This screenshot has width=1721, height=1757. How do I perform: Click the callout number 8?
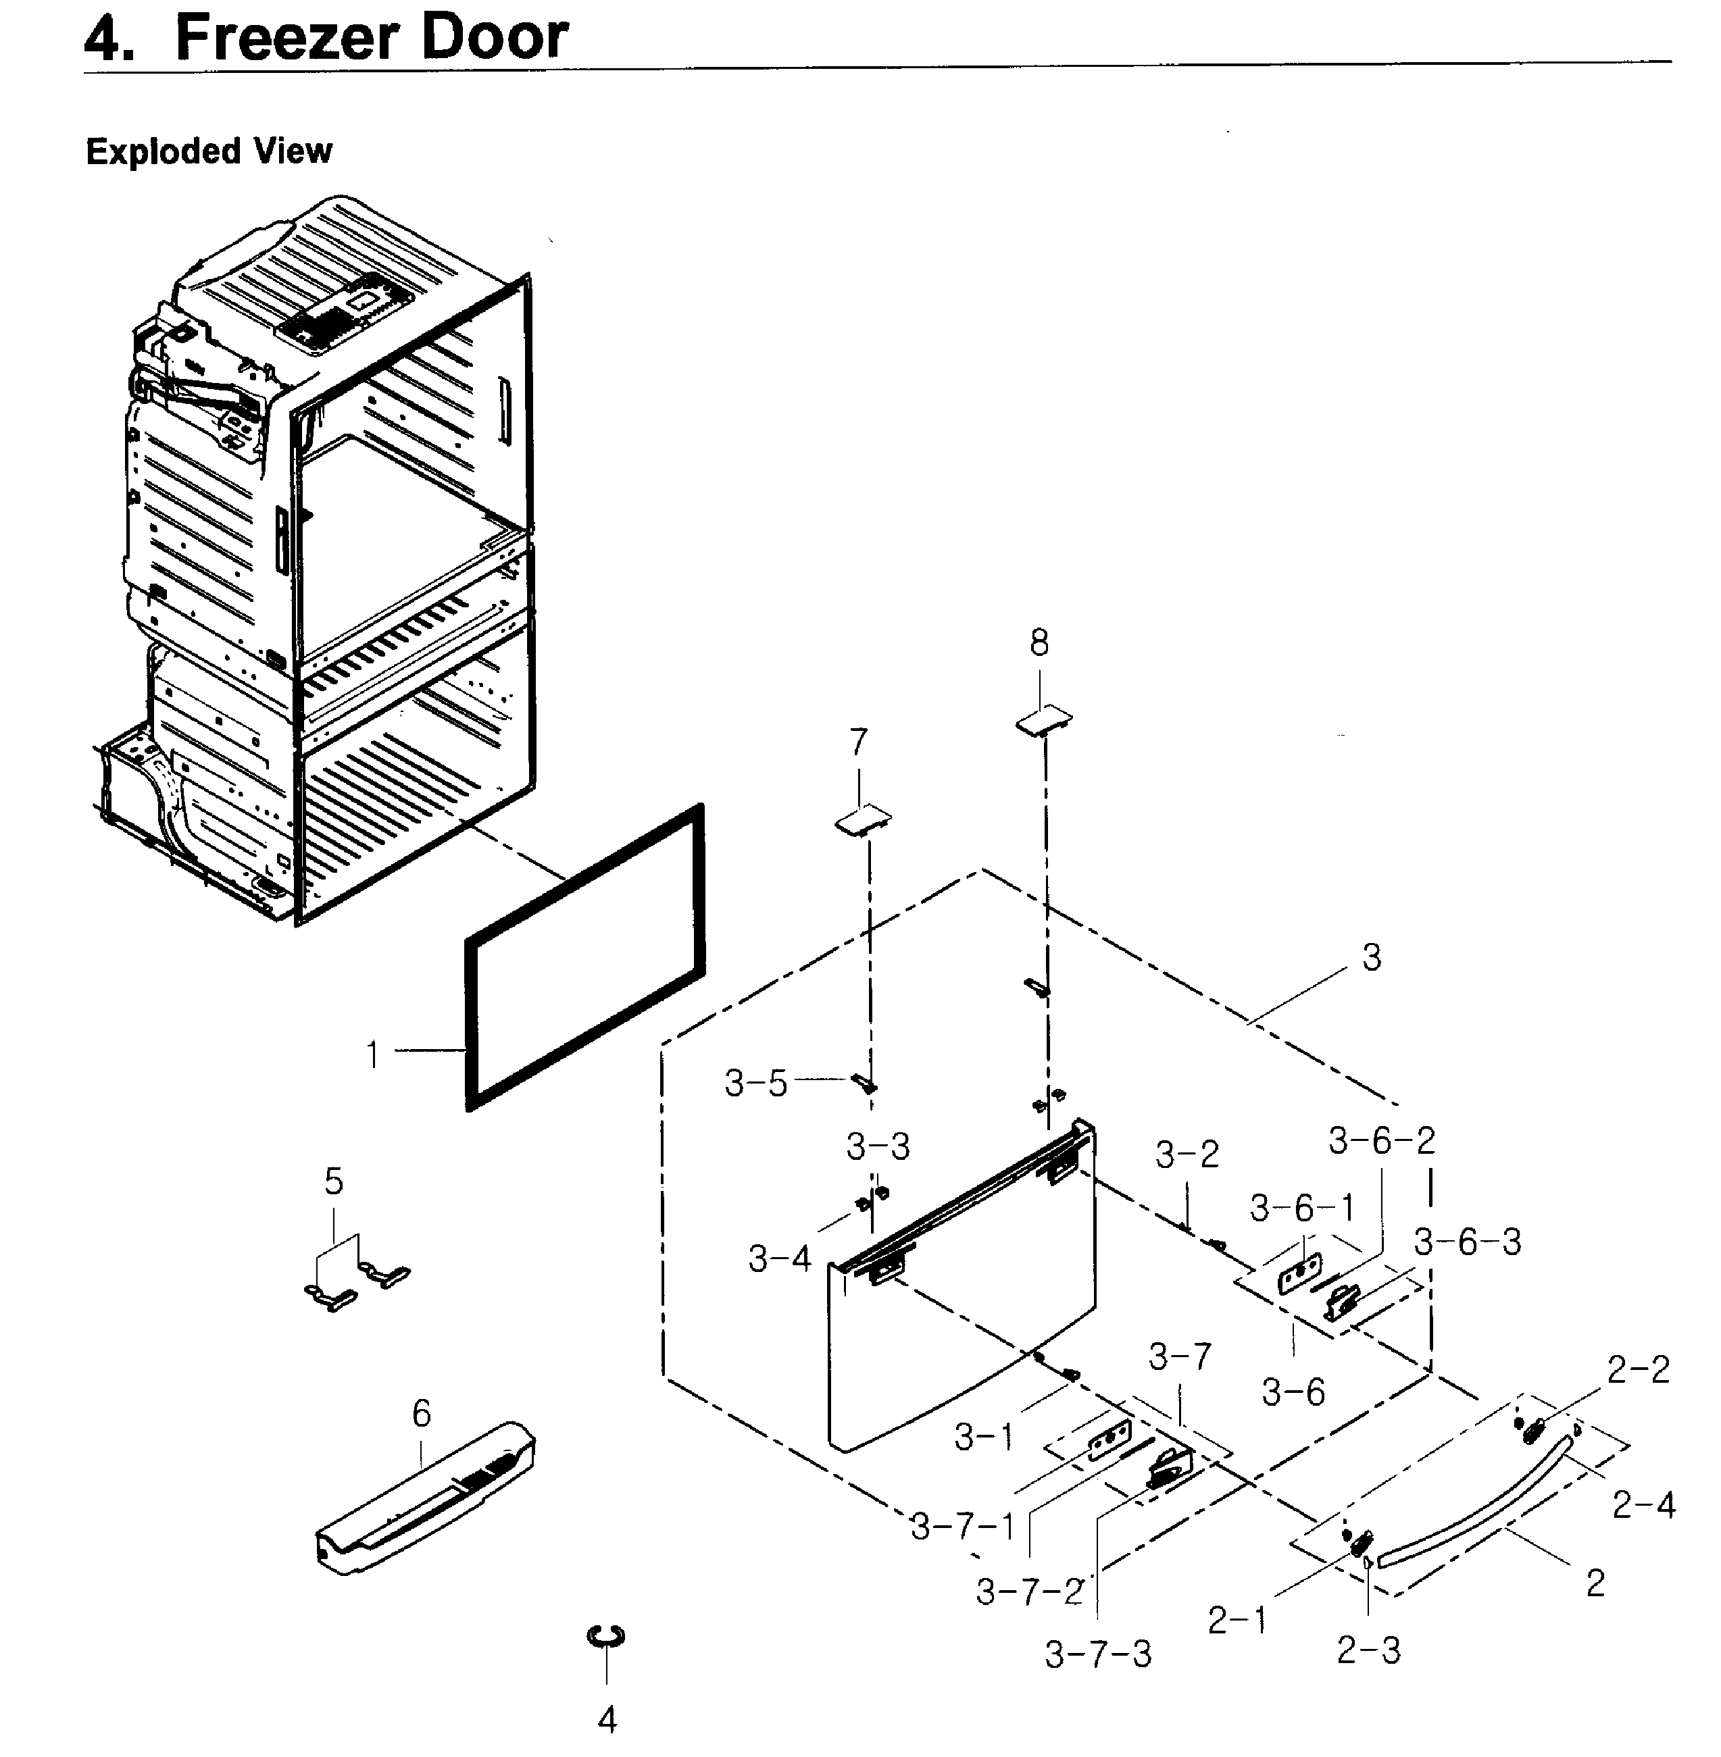[x=1039, y=644]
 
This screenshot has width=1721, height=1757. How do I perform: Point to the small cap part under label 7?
[x=862, y=821]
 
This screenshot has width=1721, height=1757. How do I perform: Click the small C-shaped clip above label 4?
[x=605, y=1637]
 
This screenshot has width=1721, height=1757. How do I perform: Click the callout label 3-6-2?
[x=1381, y=1141]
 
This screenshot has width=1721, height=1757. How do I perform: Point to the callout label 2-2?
[x=1638, y=1370]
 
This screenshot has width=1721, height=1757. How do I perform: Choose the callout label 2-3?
[x=1368, y=1650]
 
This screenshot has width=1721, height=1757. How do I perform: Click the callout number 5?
[x=334, y=1181]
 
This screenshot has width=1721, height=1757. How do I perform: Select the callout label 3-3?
[x=878, y=1147]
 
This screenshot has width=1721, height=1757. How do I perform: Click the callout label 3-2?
[x=1187, y=1154]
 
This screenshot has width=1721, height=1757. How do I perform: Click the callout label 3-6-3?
[x=1467, y=1242]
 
